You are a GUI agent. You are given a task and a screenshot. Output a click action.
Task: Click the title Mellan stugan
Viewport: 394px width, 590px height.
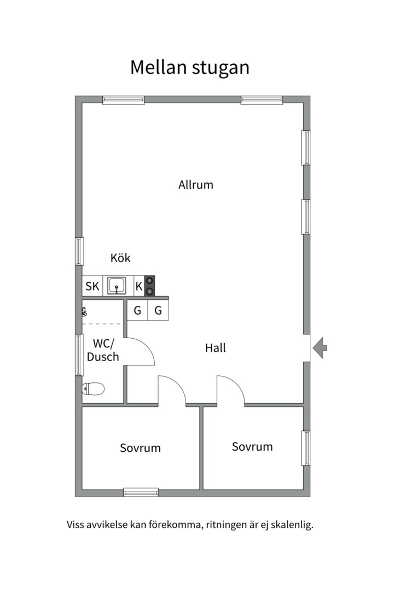click(190, 68)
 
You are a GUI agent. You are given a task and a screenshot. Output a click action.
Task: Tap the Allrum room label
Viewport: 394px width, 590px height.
click(196, 185)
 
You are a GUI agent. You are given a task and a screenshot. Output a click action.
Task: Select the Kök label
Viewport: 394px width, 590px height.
click(120, 258)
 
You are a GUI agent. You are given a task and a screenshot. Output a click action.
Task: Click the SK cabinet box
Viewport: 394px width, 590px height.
click(92, 286)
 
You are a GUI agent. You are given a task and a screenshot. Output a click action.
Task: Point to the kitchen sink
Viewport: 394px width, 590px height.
click(117, 286)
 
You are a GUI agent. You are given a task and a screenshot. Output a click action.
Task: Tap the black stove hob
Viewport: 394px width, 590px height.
click(150, 286)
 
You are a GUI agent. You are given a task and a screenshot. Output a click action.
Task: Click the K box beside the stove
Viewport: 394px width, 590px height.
click(139, 286)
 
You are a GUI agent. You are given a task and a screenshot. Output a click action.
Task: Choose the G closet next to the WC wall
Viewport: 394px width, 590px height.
click(137, 310)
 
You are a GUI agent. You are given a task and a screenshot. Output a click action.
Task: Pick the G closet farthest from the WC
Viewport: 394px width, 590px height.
click(158, 310)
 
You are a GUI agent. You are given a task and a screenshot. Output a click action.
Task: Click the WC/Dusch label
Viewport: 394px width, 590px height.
click(103, 350)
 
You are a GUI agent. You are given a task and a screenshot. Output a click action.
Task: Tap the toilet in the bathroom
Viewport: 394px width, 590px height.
click(93, 389)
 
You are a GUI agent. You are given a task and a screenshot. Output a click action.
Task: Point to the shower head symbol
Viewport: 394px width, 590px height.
click(84, 311)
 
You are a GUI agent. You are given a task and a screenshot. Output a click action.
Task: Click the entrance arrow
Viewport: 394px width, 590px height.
click(320, 348)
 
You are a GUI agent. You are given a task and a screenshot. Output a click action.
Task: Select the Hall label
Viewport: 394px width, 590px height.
click(215, 348)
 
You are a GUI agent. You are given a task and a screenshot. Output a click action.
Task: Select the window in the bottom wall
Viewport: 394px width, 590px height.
click(141, 492)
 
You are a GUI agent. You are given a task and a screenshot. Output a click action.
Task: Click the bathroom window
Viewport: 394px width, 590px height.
click(79, 355)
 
